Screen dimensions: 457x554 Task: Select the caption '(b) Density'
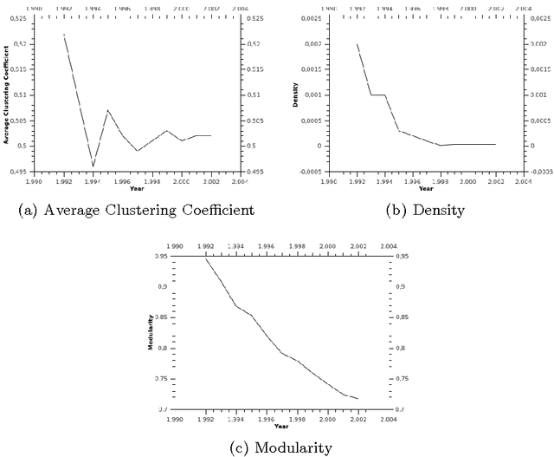pos(425,210)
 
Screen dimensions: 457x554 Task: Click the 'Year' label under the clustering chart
pos(137,188)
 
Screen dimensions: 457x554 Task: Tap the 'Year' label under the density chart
pos(425,188)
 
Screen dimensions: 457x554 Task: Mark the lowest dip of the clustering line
pos(93,166)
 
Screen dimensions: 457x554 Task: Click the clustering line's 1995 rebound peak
pos(107,110)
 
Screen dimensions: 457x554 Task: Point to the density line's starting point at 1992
pos(357,43)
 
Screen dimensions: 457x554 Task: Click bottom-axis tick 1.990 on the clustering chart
pos(34,181)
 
